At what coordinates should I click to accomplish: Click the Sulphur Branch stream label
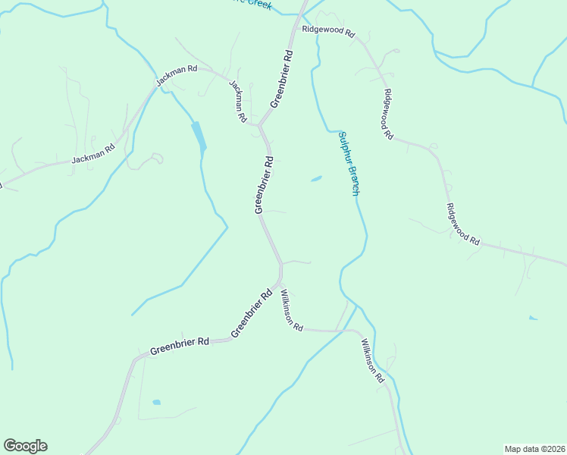pyautogui.click(x=348, y=163)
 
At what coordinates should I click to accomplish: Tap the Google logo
pyautogui.click(x=25, y=446)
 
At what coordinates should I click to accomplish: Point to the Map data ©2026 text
pyautogui.click(x=534, y=448)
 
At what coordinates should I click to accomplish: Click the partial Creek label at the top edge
pyautogui.click(x=258, y=4)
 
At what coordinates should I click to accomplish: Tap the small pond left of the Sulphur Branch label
pyautogui.click(x=316, y=179)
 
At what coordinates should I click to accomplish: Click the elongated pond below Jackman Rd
pyautogui.click(x=199, y=136)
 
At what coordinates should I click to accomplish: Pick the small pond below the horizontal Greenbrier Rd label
pyautogui.click(x=156, y=402)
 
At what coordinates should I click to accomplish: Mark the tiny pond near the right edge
pyautogui.click(x=533, y=318)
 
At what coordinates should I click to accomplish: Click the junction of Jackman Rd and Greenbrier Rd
pyautogui.click(x=259, y=125)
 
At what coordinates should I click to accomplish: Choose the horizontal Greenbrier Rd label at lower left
pyautogui.click(x=179, y=346)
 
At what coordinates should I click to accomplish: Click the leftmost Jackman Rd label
pyautogui.click(x=92, y=153)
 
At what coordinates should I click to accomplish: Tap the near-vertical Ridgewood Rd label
pyautogui.click(x=387, y=115)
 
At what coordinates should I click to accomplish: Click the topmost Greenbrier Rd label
pyautogui.click(x=280, y=79)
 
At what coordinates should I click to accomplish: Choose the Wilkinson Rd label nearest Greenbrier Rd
pyautogui.click(x=292, y=310)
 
